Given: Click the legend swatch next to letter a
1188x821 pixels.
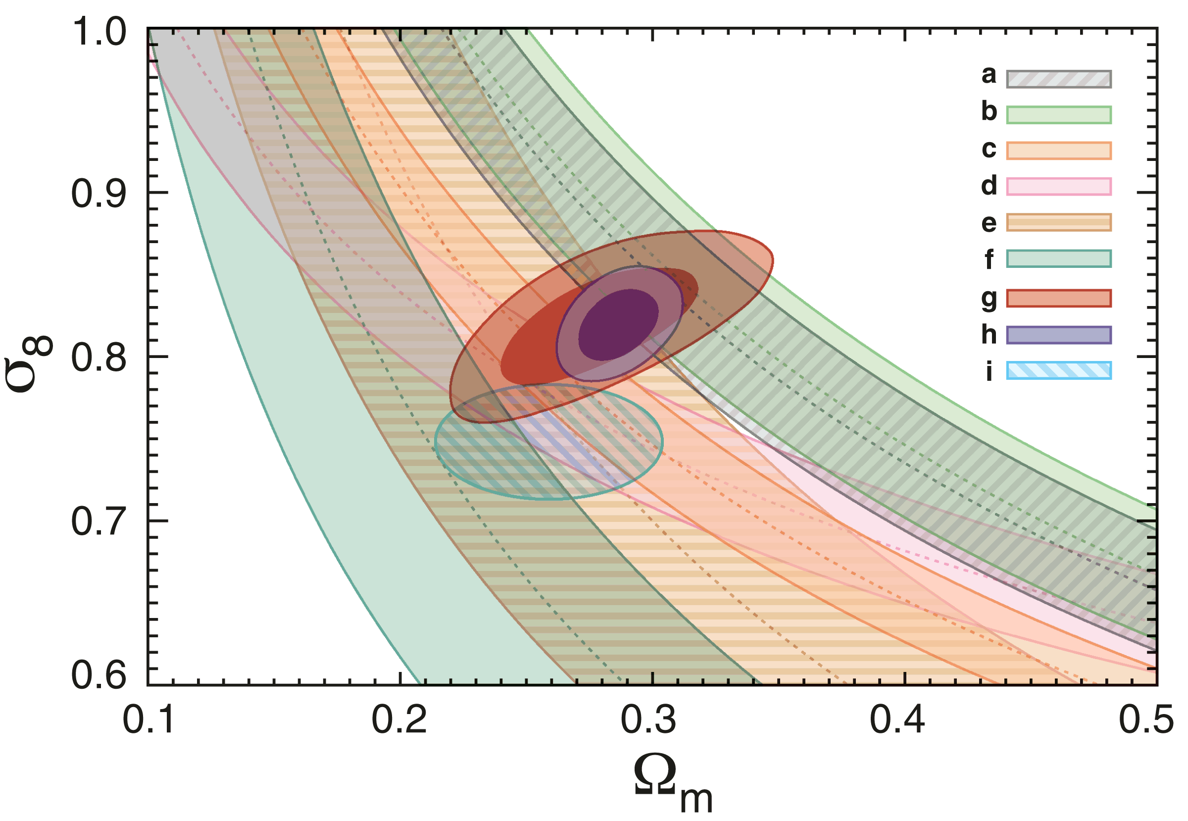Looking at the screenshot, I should pyautogui.click(x=1058, y=79).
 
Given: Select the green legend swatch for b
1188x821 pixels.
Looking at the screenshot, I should pyautogui.click(x=1058, y=115).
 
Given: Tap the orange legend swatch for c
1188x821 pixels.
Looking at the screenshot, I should pyautogui.click(x=1058, y=151).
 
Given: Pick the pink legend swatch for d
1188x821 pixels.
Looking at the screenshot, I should pyautogui.click(x=1058, y=186).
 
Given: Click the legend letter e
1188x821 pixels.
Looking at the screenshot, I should pyautogui.click(x=989, y=223).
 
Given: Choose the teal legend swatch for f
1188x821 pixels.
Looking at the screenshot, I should pyautogui.click(x=1058, y=259).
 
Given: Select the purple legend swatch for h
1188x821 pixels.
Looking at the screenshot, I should pyautogui.click(x=1058, y=335).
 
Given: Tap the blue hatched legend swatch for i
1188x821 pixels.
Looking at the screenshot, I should pyautogui.click(x=1058, y=371).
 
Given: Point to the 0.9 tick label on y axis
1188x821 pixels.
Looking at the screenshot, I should pyautogui.click(x=98, y=194).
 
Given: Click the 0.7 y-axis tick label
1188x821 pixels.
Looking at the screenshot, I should pyautogui.click(x=98, y=521).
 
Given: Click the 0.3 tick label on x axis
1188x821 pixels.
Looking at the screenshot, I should pyautogui.click(x=651, y=720).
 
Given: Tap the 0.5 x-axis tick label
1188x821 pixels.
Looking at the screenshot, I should pyautogui.click(x=1146, y=720).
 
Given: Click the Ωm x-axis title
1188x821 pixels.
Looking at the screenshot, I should pyautogui.click(x=671, y=784).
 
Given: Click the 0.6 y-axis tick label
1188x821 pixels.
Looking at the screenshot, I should pyautogui.click(x=98, y=675).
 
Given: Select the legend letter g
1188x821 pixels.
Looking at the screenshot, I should pyautogui.click(x=989, y=299).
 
